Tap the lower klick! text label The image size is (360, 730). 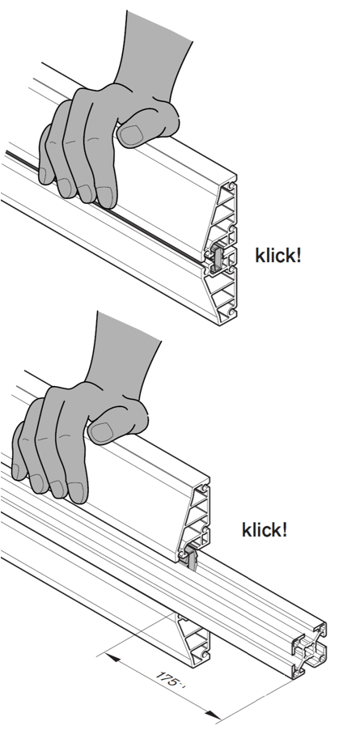click(265, 530)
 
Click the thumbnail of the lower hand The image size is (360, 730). click(102, 431)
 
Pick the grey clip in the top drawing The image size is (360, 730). click(219, 257)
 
